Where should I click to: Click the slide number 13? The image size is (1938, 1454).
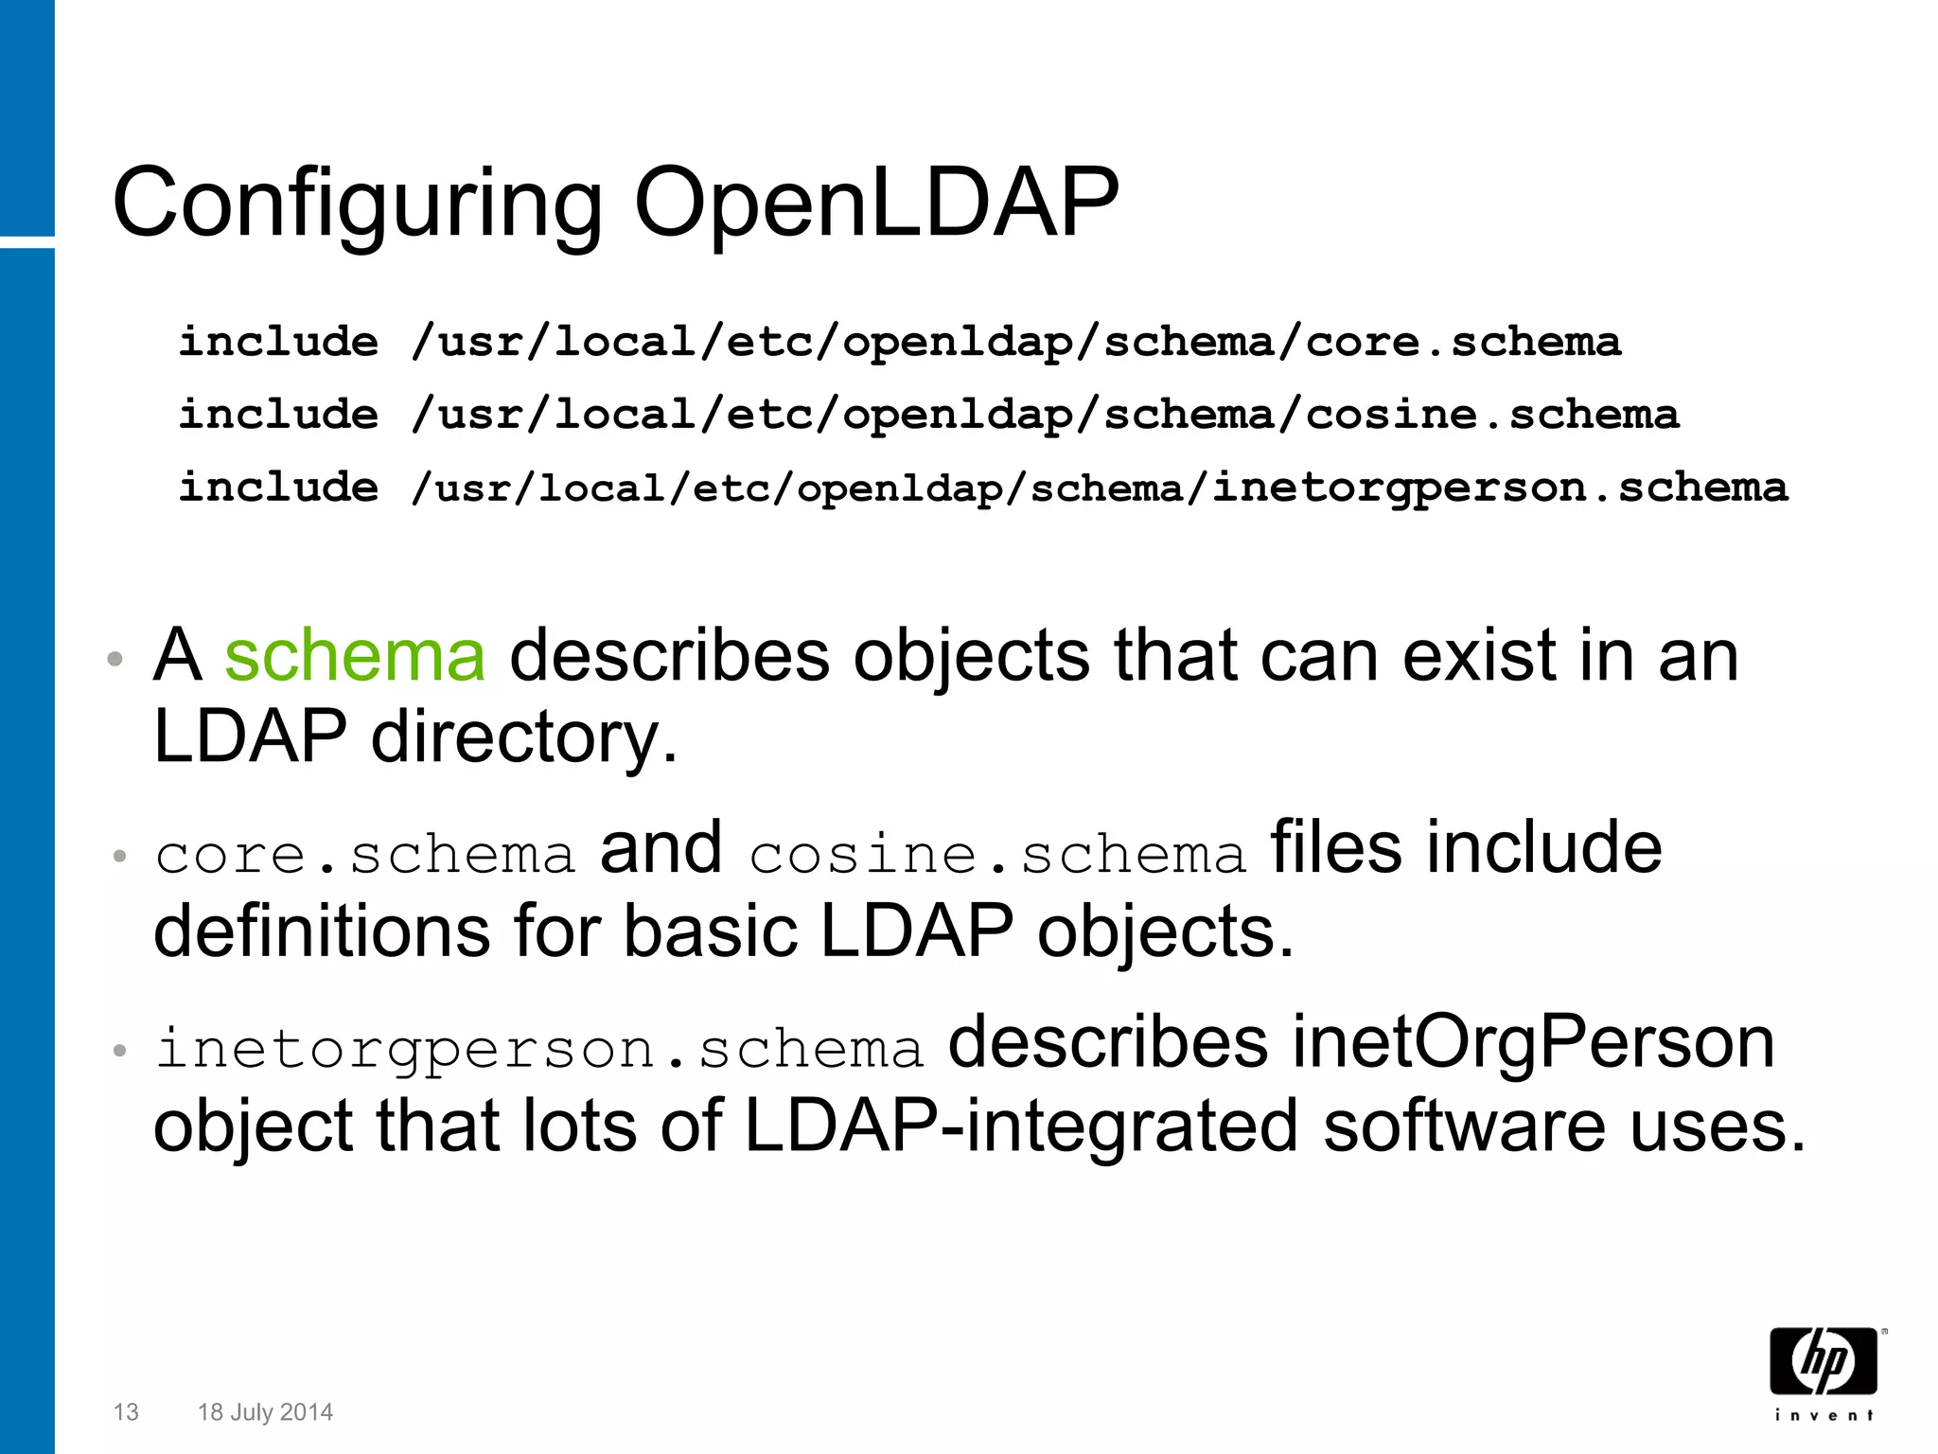click(x=126, y=1412)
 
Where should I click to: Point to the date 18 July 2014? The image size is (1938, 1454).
click(x=265, y=1412)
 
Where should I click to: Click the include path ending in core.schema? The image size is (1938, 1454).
click(x=1015, y=343)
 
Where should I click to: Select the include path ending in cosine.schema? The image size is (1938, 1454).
click(x=1045, y=416)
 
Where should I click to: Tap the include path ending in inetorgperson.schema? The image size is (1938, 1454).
click(x=1099, y=488)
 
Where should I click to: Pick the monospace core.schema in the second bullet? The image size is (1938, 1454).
click(x=365, y=855)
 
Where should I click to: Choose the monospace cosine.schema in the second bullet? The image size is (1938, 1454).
click(x=998, y=855)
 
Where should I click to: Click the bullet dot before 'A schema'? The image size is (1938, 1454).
click(x=115, y=660)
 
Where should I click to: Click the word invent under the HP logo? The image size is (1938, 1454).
click(x=1823, y=1415)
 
